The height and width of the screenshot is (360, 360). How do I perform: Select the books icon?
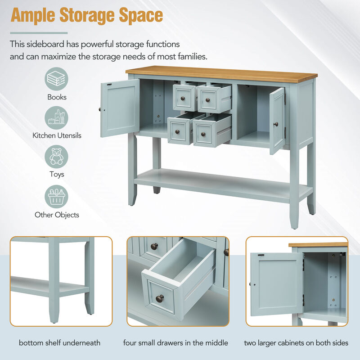pyautogui.click(x=56, y=78)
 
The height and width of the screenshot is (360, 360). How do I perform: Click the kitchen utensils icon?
pyautogui.click(x=56, y=117)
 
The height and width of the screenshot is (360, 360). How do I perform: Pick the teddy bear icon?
pyautogui.click(x=56, y=157)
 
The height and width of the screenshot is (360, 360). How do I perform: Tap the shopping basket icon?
pyautogui.click(x=56, y=197)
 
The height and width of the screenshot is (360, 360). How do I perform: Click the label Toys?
pyautogui.click(x=57, y=174)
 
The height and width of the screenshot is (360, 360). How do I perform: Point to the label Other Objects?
pyautogui.click(x=57, y=215)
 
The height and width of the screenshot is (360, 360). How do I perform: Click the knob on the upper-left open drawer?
pyautogui.click(x=183, y=99)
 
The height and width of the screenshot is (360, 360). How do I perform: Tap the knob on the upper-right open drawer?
pyautogui.click(x=208, y=100)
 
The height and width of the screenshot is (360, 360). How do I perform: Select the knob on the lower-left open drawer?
pyautogui.click(x=177, y=132)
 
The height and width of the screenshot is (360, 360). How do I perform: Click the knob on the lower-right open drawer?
pyautogui.click(x=203, y=134)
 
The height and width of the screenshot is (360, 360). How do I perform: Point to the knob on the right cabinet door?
pyautogui.click(x=276, y=125)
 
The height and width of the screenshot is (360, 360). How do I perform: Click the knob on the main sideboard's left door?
pyautogui.click(x=100, y=109)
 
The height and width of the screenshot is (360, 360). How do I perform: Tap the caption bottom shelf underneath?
pyautogui.click(x=60, y=343)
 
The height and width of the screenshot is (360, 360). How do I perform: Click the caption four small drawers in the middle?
pyautogui.click(x=175, y=343)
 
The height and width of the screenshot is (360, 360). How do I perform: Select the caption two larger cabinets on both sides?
pyautogui.click(x=296, y=343)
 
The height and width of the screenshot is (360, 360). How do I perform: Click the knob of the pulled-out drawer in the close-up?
pyautogui.click(x=160, y=298)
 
